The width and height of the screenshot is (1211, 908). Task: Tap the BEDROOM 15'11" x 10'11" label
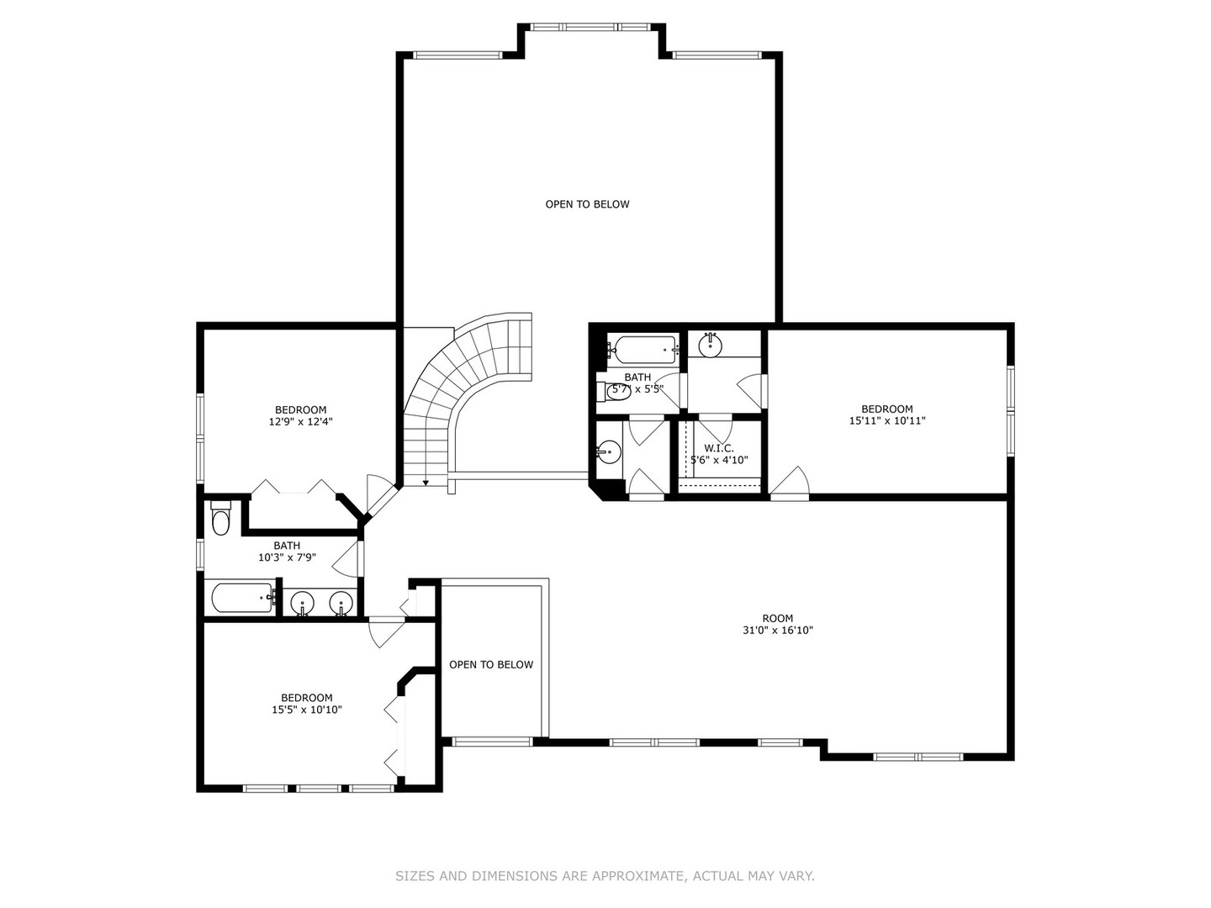coord(886,415)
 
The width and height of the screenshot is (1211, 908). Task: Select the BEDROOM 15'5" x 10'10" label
coord(306,704)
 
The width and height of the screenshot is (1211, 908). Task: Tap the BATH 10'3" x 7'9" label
coord(286,552)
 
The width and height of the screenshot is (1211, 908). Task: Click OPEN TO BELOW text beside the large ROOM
coord(490,665)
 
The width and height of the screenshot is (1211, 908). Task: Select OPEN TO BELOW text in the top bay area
coord(587,204)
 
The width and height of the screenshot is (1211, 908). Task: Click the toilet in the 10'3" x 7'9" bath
coord(221,519)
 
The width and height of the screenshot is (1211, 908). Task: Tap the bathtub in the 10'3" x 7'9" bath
coord(242,599)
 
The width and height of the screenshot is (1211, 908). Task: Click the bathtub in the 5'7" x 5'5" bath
coord(645,346)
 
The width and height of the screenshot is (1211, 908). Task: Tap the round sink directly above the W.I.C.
coord(711,345)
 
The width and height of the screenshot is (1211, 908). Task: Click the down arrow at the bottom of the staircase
coord(426,482)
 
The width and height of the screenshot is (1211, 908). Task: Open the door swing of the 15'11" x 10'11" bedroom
coord(791,483)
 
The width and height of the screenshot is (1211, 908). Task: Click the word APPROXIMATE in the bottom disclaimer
coord(638,876)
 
